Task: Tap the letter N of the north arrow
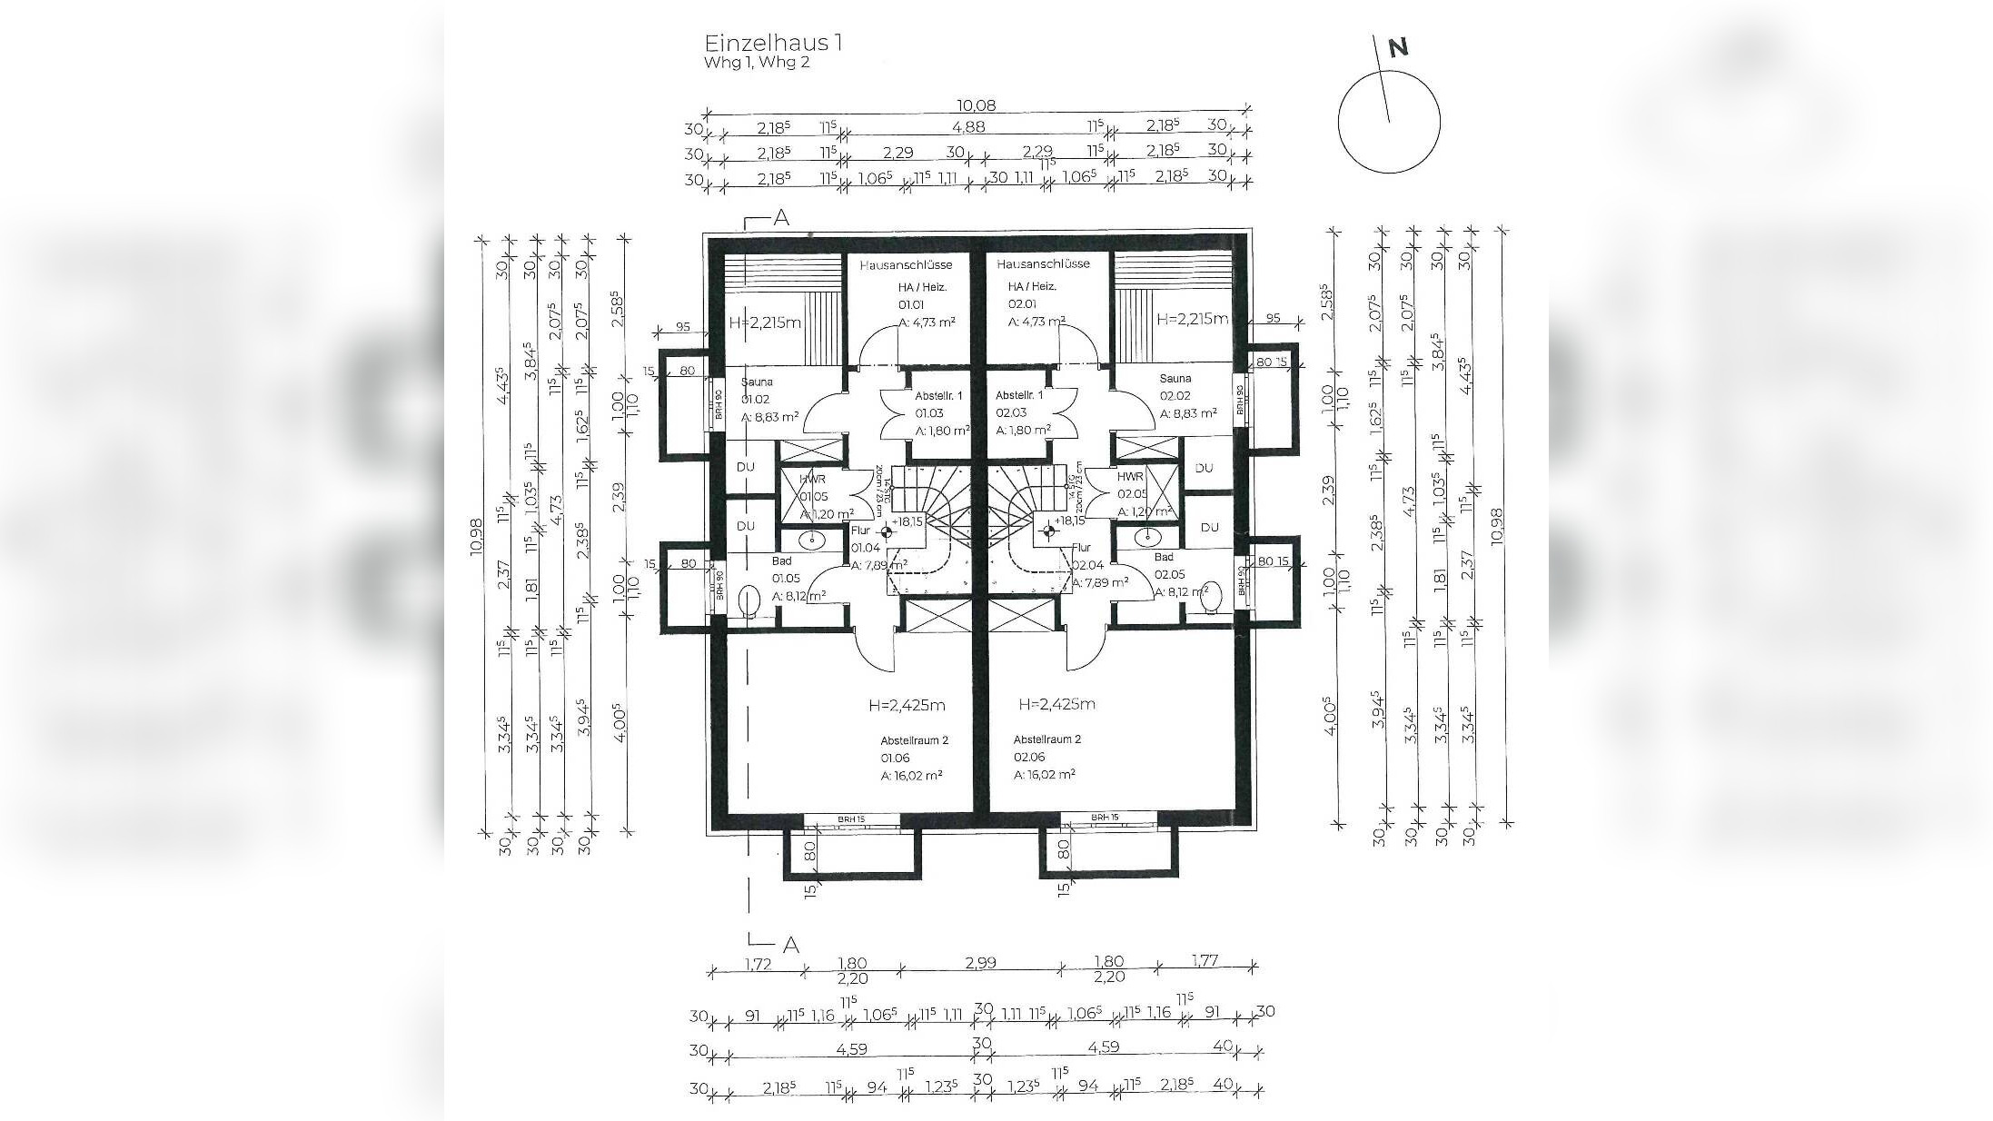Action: coord(1398,48)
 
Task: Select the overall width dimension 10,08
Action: coord(977,105)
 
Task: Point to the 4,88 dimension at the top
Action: coord(967,127)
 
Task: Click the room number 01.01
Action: coord(910,304)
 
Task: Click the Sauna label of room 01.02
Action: coord(757,382)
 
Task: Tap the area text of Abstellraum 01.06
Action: coord(911,775)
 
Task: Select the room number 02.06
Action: coord(1028,757)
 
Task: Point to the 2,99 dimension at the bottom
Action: coord(977,962)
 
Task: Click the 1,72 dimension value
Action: coord(757,964)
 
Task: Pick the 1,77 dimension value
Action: coord(1203,960)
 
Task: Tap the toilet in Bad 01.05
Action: coord(749,600)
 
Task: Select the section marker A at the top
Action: coord(780,218)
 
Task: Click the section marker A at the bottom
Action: coord(791,946)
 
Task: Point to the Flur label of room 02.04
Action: coord(1081,548)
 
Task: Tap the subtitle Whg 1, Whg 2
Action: coord(756,63)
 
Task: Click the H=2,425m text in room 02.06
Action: coord(1056,704)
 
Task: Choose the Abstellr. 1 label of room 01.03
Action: coord(939,396)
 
